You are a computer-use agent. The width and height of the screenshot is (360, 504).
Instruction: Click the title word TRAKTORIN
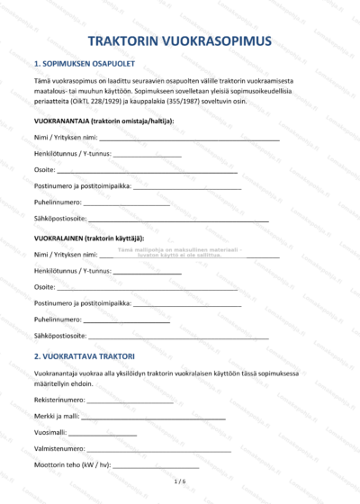pos(130,41)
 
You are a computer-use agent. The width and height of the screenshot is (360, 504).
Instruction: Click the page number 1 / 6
pos(180,482)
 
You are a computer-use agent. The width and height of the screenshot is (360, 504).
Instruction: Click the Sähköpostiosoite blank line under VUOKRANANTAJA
pos(179,220)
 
